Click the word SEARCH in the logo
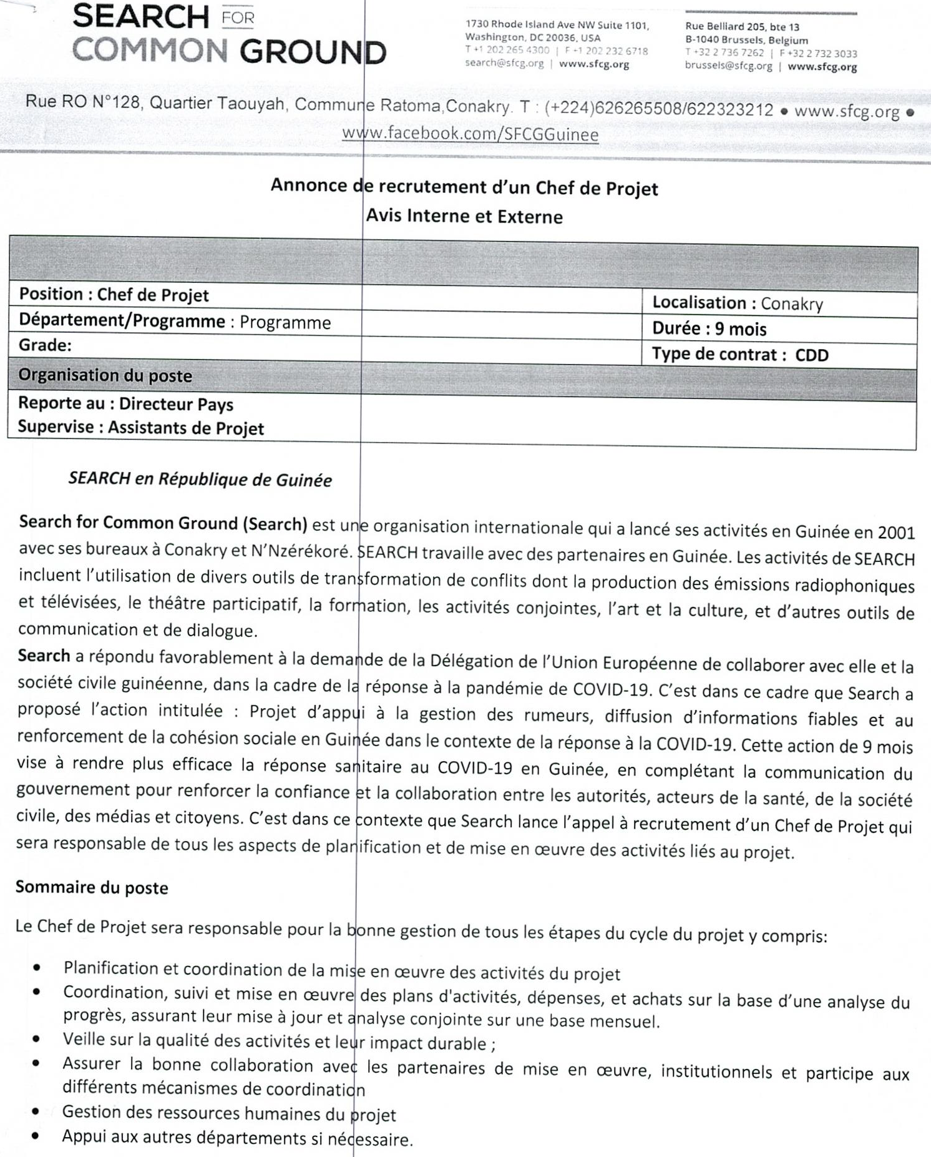(140, 17)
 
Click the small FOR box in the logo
(238, 17)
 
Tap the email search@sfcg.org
(504, 64)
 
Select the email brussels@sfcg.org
(728, 66)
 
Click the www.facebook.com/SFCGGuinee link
(470, 134)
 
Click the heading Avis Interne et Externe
(464, 216)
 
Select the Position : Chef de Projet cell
(114, 295)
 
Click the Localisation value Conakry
(792, 304)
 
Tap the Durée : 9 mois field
(709, 328)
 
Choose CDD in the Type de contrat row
(811, 355)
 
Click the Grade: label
(45, 345)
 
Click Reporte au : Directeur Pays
(125, 403)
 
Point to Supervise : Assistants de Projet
(140, 428)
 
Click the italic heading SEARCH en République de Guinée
(200, 480)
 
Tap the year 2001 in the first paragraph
(895, 532)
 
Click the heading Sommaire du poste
(92, 887)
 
